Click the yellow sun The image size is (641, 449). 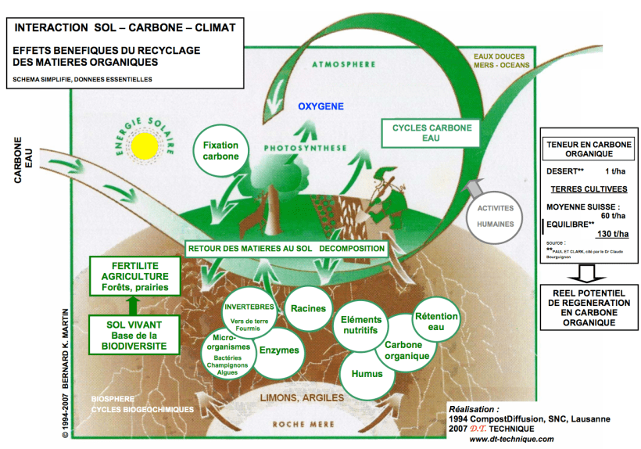point(145,145)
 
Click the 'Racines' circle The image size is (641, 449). point(308,308)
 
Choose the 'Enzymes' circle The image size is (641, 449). point(278,350)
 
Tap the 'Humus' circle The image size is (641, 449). point(367,373)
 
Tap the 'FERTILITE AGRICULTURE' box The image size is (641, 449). point(129,276)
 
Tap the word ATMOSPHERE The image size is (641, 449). point(343,64)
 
